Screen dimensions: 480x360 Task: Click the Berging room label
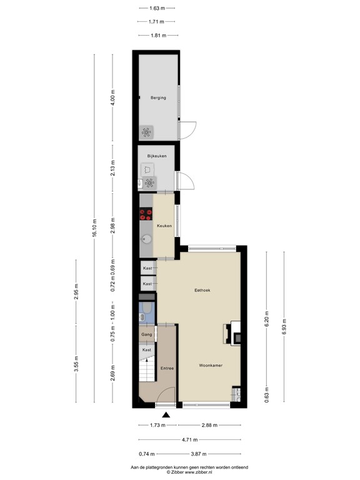pyautogui.click(x=157, y=97)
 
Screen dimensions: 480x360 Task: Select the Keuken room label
pyautogui.click(x=164, y=225)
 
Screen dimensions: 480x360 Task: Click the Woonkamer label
pyautogui.click(x=211, y=365)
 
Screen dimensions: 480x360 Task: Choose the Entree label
pyautogui.click(x=166, y=368)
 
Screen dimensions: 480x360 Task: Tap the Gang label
pyautogui.click(x=147, y=335)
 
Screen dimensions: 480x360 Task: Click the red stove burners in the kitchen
pyautogui.click(x=146, y=214)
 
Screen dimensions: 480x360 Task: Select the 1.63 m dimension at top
pyautogui.click(x=157, y=9)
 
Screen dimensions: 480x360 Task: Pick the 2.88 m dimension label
pyautogui.click(x=209, y=426)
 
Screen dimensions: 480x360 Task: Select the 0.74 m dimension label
pyautogui.click(x=147, y=454)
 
